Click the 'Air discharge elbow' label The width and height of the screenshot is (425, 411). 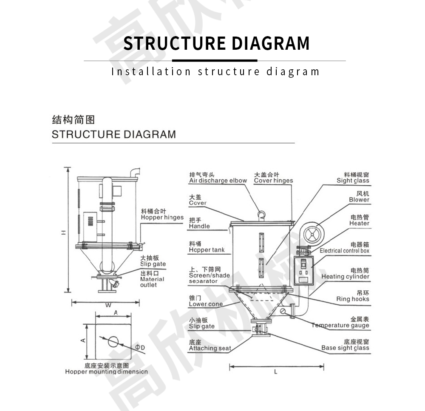pos(218,181)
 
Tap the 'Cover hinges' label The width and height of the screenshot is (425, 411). pos(273,181)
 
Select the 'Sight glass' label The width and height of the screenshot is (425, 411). pos(353,181)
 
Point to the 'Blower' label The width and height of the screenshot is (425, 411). pos(359,200)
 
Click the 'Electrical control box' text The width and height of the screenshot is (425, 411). pos(344,251)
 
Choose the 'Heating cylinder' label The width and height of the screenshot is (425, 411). pos(345,277)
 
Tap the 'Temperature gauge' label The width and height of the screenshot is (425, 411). pos(340,326)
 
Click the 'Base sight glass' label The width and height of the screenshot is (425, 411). pos(345,348)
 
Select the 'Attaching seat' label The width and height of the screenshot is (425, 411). pos(210,349)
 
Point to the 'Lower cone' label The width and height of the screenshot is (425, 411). pos(206,304)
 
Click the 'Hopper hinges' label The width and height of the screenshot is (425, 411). pos(162,218)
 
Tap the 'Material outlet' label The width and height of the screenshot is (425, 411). pos(152,282)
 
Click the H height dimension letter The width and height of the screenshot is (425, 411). pos(62,232)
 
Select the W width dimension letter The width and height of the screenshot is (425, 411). pos(108,305)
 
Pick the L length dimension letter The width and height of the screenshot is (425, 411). pos(275,372)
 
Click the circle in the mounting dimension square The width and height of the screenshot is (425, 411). pos(113,341)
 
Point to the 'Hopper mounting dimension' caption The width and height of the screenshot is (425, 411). pos(106,372)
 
